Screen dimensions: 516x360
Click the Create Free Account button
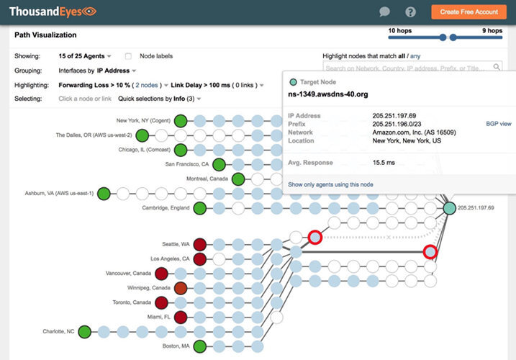(x=469, y=12)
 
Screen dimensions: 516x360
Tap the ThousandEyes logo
(x=52, y=12)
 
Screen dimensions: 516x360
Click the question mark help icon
(x=411, y=12)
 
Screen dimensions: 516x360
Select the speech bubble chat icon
(x=385, y=12)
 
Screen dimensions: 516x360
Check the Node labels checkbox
(x=128, y=56)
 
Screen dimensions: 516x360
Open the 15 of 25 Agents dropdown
(x=85, y=56)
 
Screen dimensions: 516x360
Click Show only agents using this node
(x=330, y=184)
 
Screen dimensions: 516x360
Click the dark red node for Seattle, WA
(x=200, y=244)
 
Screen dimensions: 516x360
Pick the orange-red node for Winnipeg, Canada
(x=181, y=288)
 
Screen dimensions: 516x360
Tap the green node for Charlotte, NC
(x=84, y=332)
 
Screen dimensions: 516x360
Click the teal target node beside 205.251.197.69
(x=449, y=208)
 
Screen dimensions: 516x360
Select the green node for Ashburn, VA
(x=104, y=193)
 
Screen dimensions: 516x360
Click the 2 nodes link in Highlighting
(x=148, y=85)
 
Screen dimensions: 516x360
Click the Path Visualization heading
(x=45, y=35)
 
